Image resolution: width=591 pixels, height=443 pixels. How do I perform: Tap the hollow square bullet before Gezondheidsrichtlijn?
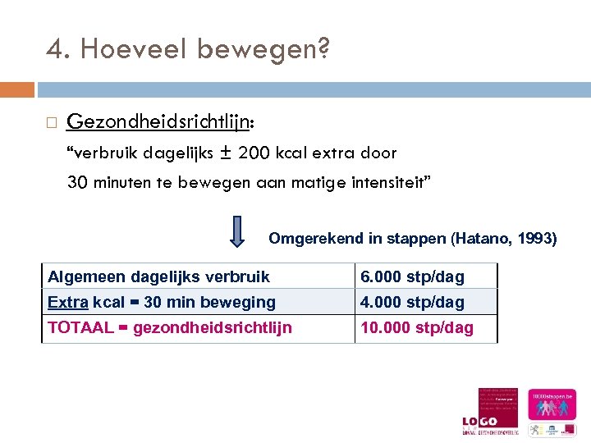coord(51,123)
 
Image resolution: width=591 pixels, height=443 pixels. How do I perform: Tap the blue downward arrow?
coord(236,231)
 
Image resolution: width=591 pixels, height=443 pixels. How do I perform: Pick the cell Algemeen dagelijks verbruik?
coord(158,276)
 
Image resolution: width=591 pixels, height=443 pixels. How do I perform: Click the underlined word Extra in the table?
coord(67,302)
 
